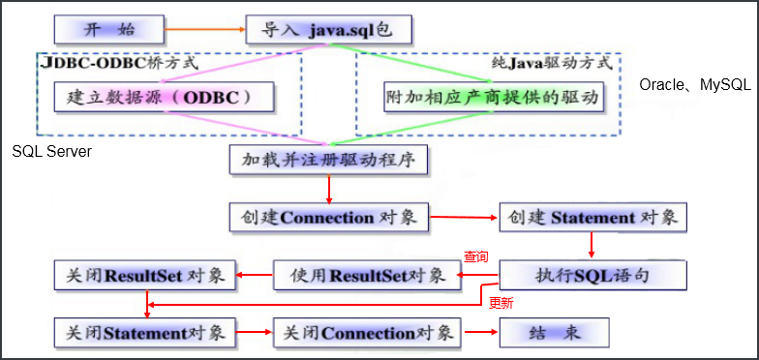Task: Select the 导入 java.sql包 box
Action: [x=328, y=29]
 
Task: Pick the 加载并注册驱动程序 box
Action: [x=329, y=159]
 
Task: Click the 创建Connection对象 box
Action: [x=328, y=217]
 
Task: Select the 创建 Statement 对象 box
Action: [x=592, y=217]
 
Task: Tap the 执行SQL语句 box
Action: [x=592, y=275]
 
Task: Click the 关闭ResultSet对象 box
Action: [x=144, y=275]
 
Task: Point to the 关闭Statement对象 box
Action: [x=144, y=333]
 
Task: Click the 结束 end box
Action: [x=555, y=333]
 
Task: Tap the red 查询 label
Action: [x=475, y=257]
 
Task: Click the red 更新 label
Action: [x=501, y=303]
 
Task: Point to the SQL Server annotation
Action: [x=52, y=152]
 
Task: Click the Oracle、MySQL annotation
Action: [x=695, y=85]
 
